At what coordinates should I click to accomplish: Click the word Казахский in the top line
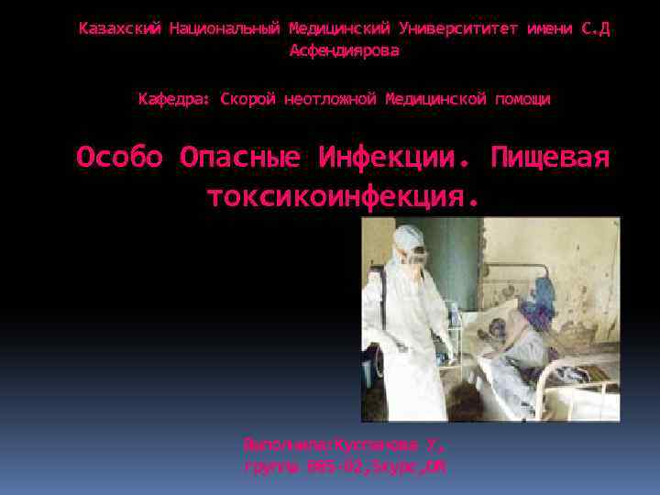tap(119, 28)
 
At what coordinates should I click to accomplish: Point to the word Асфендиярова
tap(345, 51)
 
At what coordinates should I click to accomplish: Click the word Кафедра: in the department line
tap(174, 98)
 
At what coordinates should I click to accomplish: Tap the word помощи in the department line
tap(522, 98)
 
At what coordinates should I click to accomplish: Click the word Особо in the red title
tap(119, 158)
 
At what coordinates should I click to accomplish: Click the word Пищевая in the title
tap(550, 158)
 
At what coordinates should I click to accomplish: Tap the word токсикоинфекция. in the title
tap(344, 195)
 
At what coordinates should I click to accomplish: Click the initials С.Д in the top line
tap(595, 28)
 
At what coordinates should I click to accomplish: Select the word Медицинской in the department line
tap(436, 98)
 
